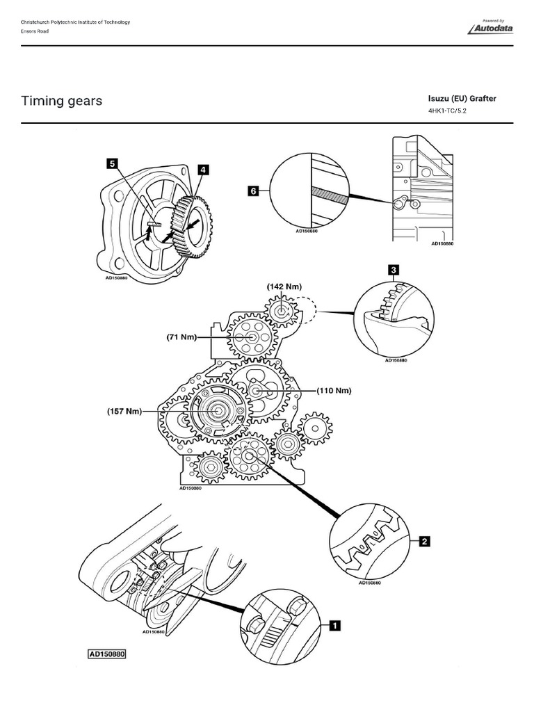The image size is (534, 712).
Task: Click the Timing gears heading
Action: click(62, 101)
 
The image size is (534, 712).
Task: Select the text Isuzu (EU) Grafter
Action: click(462, 99)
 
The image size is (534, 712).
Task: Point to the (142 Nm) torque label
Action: click(284, 286)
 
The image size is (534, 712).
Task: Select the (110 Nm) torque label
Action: click(334, 391)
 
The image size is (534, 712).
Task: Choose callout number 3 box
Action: click(394, 270)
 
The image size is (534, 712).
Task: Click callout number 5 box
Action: click(111, 164)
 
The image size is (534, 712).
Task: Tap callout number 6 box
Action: click(254, 190)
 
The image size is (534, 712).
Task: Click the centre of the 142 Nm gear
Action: click(282, 312)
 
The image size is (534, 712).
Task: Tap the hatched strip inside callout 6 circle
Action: click(329, 195)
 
